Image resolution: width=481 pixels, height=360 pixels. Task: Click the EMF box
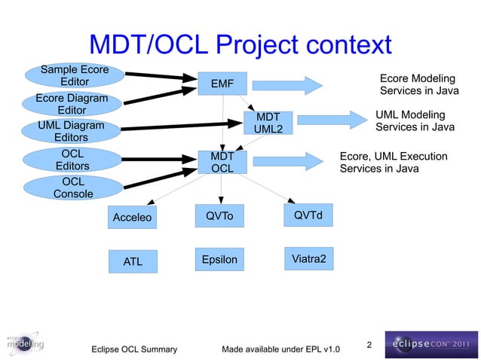pos(222,84)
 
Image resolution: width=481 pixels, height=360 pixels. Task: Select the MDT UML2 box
pos(268,124)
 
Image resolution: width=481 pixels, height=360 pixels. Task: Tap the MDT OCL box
pos(222,163)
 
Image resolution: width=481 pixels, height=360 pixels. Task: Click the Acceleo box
pos(132,218)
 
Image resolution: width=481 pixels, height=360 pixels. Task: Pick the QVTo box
pos(219,217)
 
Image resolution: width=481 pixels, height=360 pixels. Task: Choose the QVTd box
pos(308,216)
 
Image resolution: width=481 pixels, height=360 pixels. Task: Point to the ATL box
pos(132,262)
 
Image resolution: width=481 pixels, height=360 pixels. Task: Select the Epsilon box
pos(219,260)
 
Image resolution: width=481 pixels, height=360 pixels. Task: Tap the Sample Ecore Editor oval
pos(73,76)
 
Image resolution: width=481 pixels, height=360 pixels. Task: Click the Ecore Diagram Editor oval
pos(72,104)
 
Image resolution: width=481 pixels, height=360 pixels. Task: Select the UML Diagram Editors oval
pos(71,131)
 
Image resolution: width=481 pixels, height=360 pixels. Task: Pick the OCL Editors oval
pos(73,160)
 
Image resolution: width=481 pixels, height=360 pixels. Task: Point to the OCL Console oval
pos(73,188)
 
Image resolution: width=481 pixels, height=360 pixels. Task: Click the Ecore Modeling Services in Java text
pos(418,84)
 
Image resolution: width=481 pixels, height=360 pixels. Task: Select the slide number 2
pos(369,345)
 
